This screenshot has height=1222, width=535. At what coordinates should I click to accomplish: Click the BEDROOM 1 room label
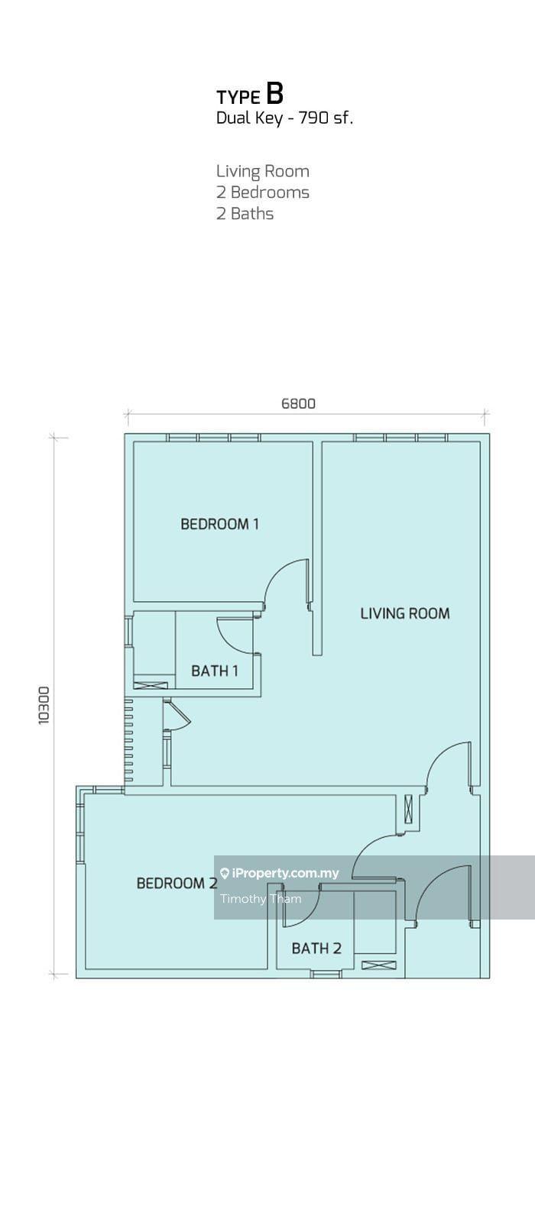pyautogui.click(x=219, y=524)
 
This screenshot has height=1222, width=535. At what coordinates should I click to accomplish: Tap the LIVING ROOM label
pyautogui.click(x=405, y=613)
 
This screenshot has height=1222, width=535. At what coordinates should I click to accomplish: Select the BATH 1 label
pyautogui.click(x=215, y=671)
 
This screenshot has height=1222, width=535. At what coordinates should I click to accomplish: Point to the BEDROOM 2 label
pyautogui.click(x=177, y=883)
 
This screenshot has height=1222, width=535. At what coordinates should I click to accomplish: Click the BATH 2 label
pyautogui.click(x=316, y=948)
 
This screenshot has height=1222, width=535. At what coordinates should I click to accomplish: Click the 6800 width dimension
pyautogui.click(x=299, y=404)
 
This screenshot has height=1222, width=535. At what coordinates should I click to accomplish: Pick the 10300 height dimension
pyautogui.click(x=44, y=706)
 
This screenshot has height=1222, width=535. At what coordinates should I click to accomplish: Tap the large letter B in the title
pyautogui.click(x=275, y=93)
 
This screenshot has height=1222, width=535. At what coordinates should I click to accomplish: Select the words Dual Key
pyautogui.click(x=249, y=118)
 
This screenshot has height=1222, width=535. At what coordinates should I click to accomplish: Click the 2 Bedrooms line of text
pyautogui.click(x=263, y=192)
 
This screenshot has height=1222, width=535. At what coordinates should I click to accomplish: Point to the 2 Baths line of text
pyautogui.click(x=245, y=213)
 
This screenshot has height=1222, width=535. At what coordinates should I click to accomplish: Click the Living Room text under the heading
pyautogui.click(x=263, y=171)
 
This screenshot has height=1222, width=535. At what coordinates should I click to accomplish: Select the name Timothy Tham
pyautogui.click(x=261, y=898)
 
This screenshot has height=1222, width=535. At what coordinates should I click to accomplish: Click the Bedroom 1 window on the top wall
pyautogui.click(x=213, y=438)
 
